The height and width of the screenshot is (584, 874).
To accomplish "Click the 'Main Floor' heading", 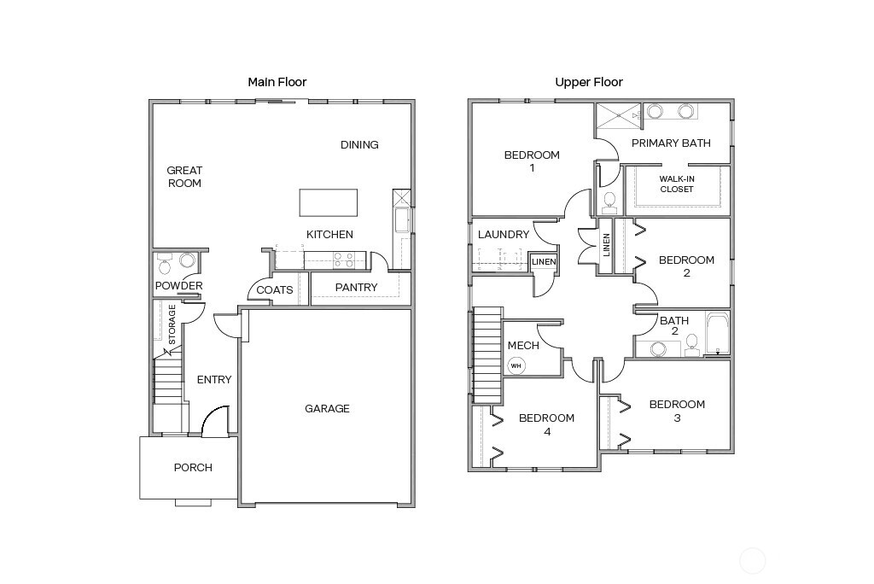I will coord(277,82).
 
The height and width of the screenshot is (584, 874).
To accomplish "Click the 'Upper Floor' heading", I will coord(589,82).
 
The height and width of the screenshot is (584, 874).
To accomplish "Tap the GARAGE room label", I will coord(327,409).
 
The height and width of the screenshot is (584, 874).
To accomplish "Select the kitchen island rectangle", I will coord(329,202).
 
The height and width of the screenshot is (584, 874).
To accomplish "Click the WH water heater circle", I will coord(516,365).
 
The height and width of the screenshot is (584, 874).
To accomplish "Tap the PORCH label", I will coord(193,468).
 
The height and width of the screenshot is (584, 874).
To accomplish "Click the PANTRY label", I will coord(356,288).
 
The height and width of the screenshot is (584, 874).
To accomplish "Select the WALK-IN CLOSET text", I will coord(677,184).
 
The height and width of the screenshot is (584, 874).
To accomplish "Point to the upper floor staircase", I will coord(487,350).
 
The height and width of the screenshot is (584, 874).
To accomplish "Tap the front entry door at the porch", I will coord(215,422).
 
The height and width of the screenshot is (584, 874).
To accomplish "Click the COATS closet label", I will coord(275,290).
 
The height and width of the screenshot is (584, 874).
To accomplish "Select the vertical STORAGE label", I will coord(172,324).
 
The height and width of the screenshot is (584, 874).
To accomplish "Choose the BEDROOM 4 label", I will coord(546,424).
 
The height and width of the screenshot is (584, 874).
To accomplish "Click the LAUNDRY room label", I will coord(504,235).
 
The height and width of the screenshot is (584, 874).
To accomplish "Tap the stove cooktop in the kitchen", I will coord(344,259).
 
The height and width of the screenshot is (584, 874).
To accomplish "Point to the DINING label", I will coord(359,145).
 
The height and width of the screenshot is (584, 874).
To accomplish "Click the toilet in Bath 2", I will coord(691,344).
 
